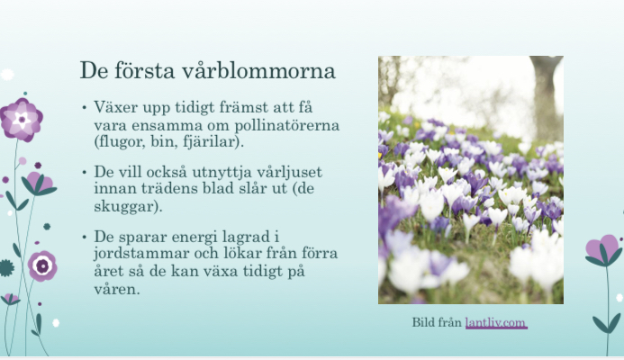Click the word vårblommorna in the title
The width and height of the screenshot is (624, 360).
tap(258, 71)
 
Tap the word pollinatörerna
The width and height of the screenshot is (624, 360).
tap(287, 126)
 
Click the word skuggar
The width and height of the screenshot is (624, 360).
tap(126, 206)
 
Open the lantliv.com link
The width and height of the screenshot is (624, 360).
tap(496, 322)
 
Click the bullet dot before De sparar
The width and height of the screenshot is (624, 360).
tap(84, 238)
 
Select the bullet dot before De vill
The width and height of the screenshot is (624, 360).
tap(84, 173)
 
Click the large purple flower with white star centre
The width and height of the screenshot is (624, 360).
tap(21, 120)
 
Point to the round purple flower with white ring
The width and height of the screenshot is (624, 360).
tap(42, 265)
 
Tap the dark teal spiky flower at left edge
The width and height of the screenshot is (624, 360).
tap(6, 268)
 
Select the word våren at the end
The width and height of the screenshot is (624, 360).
tap(117, 289)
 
